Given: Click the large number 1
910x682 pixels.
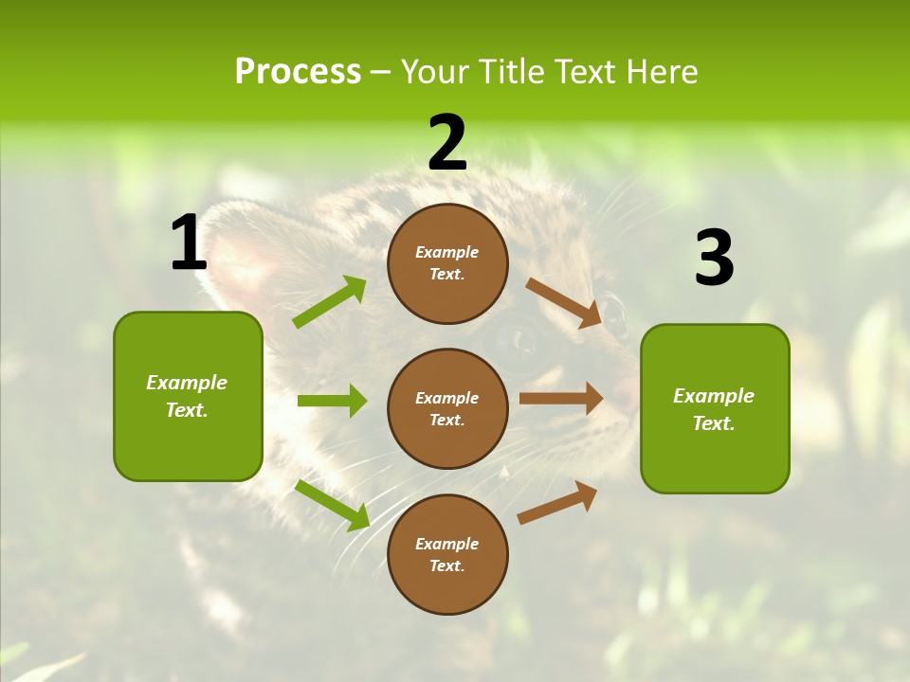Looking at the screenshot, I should pyautogui.click(x=189, y=243).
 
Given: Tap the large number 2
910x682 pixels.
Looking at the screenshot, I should pyautogui.click(x=447, y=143).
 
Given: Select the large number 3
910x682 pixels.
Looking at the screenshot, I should pyautogui.click(x=714, y=259).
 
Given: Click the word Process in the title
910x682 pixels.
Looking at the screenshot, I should pyautogui.click(x=298, y=71).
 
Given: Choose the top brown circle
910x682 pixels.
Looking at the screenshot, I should pyautogui.click(x=447, y=263).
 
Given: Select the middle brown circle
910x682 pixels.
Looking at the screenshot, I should pyautogui.click(x=447, y=408).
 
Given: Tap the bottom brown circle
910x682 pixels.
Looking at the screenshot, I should pyautogui.click(x=447, y=554).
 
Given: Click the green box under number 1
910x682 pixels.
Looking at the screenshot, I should pyautogui.click(x=188, y=396).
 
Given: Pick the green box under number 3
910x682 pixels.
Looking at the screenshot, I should pyautogui.click(x=715, y=408).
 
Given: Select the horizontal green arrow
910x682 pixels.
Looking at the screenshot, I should pyautogui.click(x=332, y=401).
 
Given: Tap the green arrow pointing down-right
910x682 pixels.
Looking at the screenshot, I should pyautogui.click(x=333, y=504).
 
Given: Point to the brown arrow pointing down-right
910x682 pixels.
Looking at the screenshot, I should pyautogui.click(x=564, y=302).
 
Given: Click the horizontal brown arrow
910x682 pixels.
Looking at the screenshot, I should pyautogui.click(x=561, y=399).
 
